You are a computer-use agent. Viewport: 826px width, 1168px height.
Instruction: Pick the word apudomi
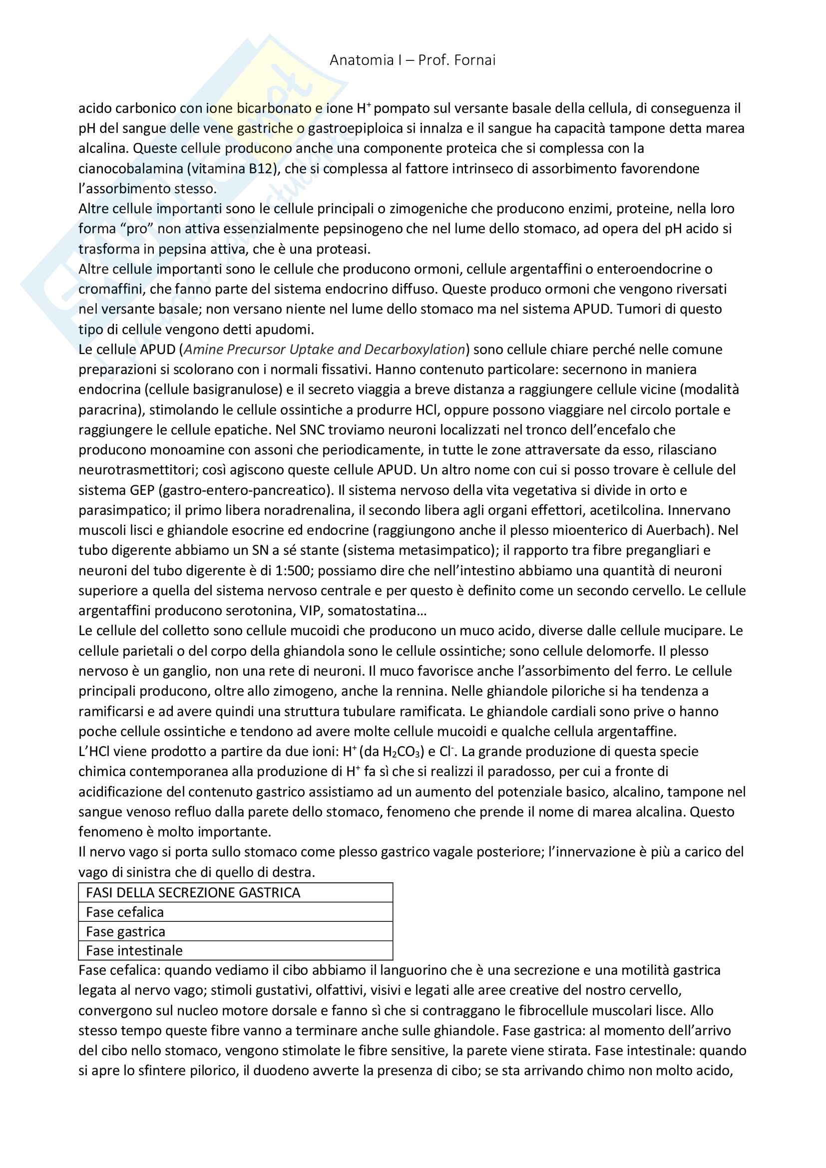pyautogui.click(x=287, y=330)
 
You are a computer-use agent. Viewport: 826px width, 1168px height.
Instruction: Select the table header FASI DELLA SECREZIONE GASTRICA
pyautogui.click(x=193, y=893)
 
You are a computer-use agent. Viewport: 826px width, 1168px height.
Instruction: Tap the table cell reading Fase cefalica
pyautogui.click(x=125, y=912)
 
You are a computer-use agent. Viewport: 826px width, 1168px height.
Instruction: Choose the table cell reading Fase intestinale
pyautogui.click(x=134, y=951)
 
